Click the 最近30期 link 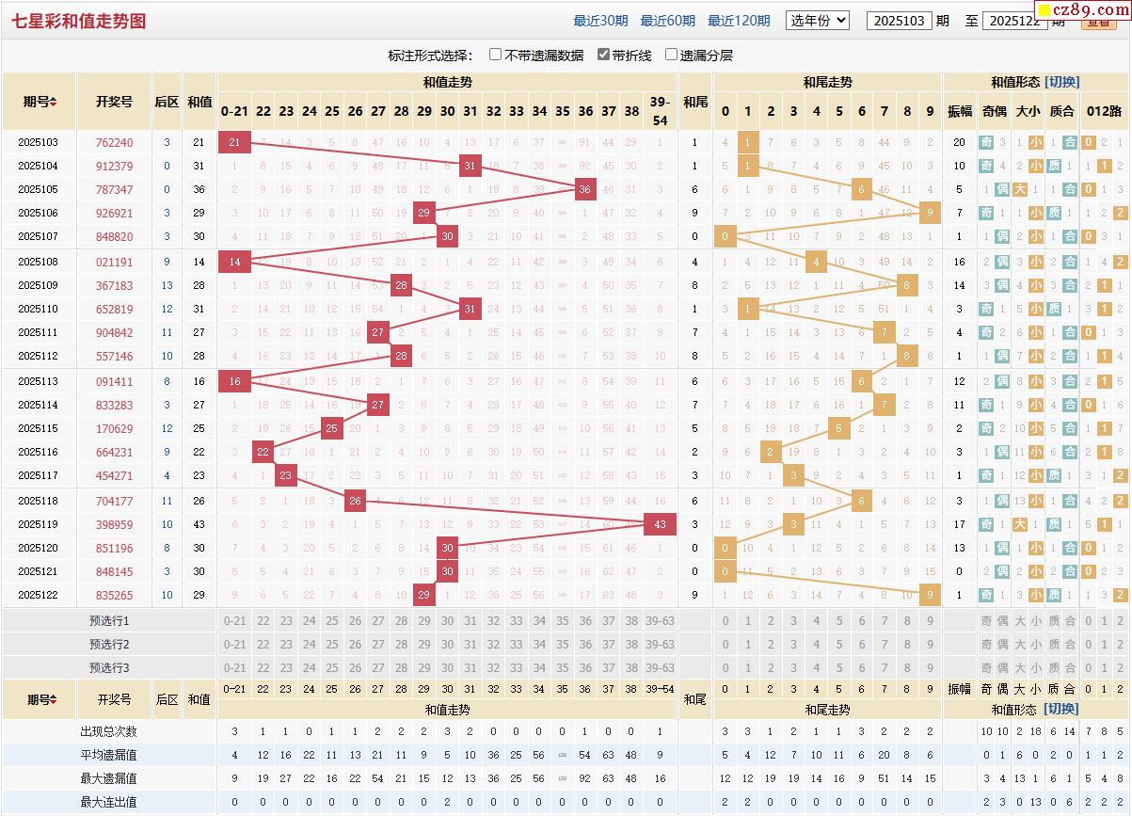[x=600, y=21]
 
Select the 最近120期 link [x=739, y=21]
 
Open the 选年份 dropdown [x=817, y=20]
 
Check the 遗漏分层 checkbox [x=672, y=55]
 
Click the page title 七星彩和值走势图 [x=79, y=21]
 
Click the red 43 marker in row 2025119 [x=660, y=524]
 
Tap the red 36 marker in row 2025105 [x=585, y=189]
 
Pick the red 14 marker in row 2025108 [x=234, y=262]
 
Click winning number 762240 [x=114, y=143]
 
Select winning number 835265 [x=114, y=595]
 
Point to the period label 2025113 [x=39, y=381]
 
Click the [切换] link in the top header [x=1061, y=82]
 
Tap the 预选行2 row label [x=109, y=644]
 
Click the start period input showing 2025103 [x=899, y=21]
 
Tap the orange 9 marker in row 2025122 [x=930, y=595]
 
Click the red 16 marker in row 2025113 [x=234, y=381]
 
